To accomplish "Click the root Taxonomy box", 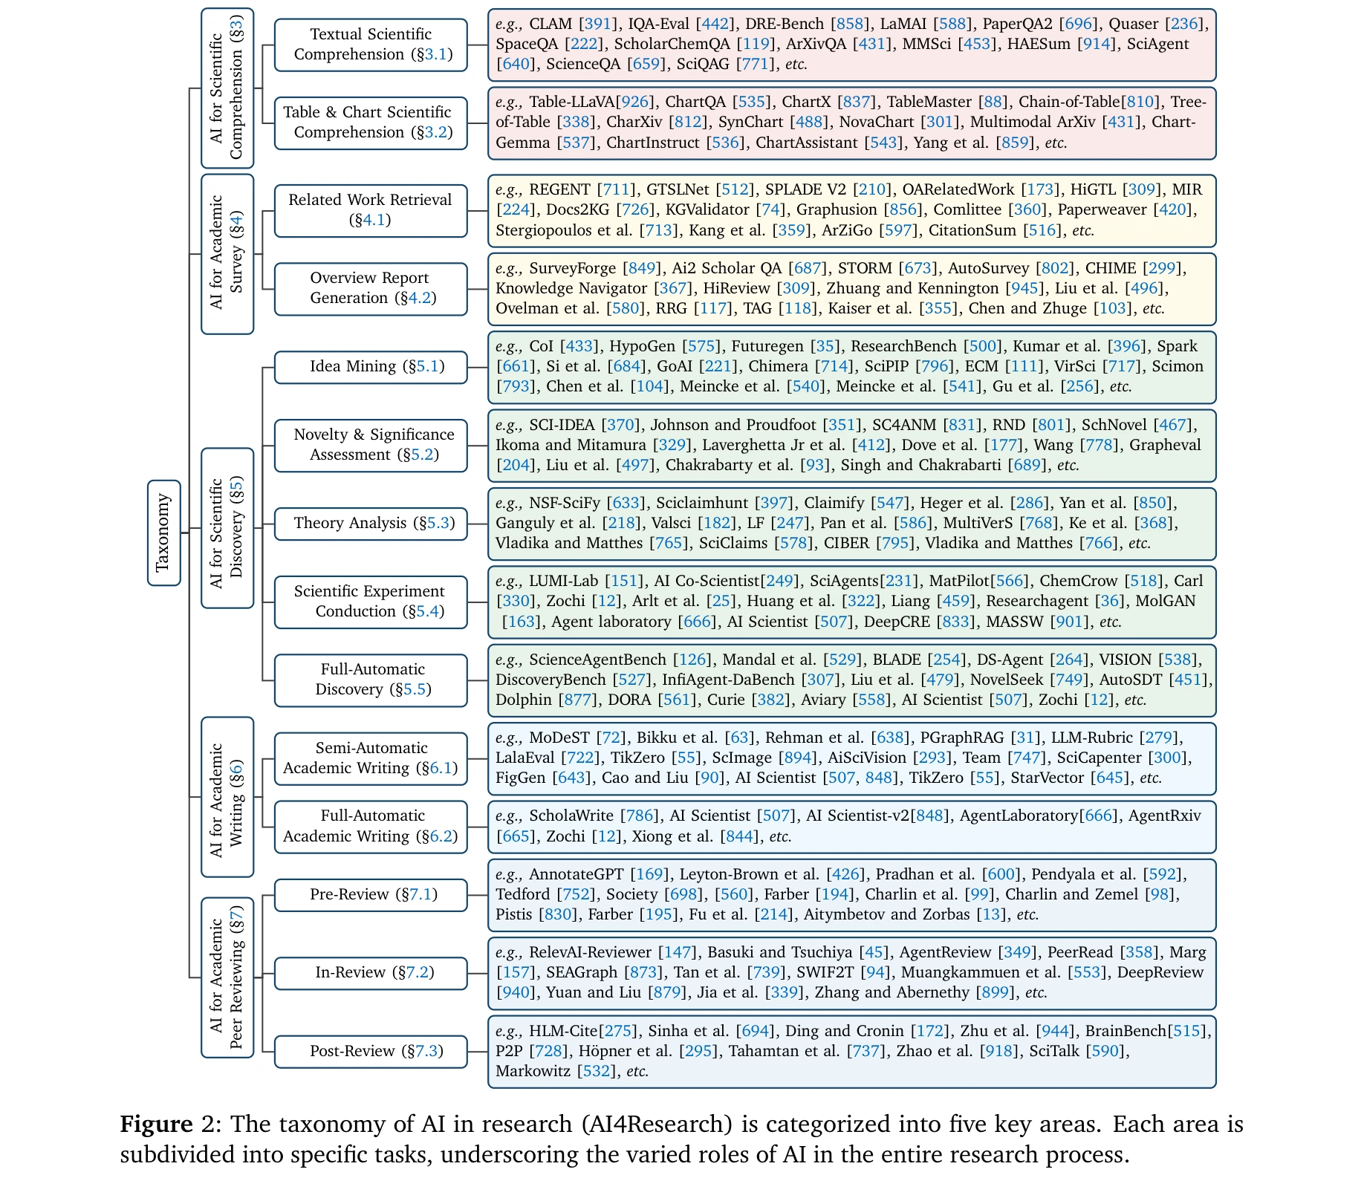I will coord(163,533).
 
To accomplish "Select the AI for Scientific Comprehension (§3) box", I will coord(227,88).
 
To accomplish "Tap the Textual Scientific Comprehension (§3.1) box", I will coord(371,45).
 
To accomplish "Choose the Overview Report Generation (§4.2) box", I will coord(371,288).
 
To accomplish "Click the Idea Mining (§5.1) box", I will coord(371,367).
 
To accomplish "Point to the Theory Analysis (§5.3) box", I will coord(371,524).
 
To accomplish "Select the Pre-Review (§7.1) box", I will coord(371,894).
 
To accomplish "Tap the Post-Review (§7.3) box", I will coord(371,1051).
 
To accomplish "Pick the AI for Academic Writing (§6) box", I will coord(227,797).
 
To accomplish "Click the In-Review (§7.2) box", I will coord(371,972).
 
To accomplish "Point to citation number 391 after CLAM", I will coord(598,24).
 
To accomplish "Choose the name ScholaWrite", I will coord(571,816).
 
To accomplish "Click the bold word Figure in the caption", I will coord(156,1124).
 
